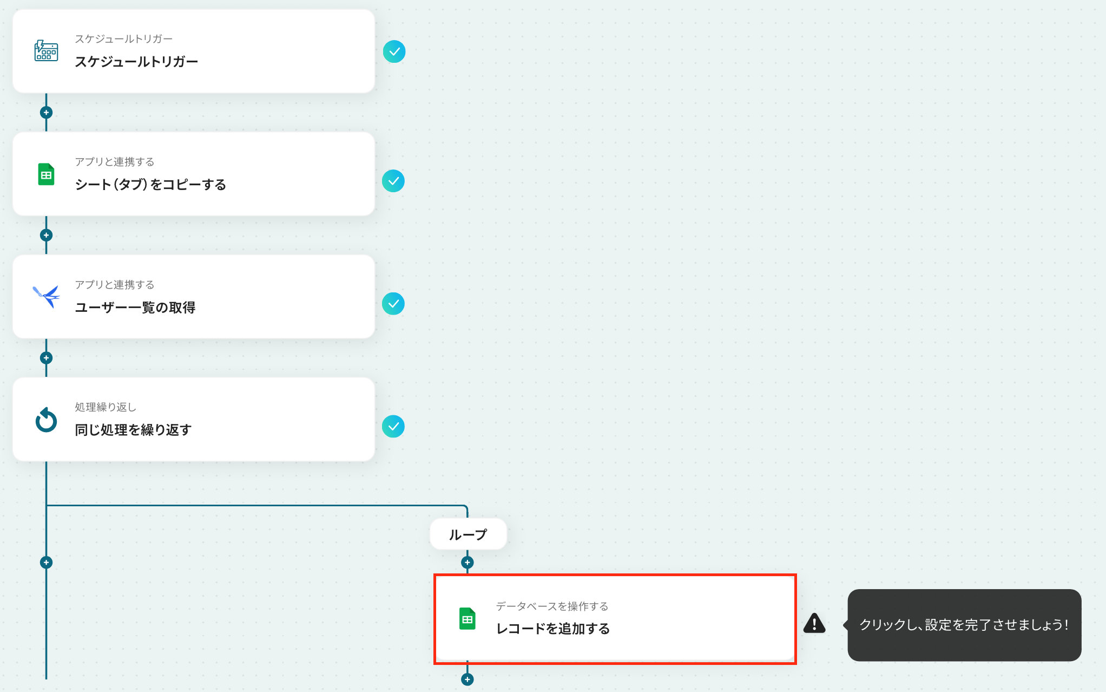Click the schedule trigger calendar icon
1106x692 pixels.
[46, 51]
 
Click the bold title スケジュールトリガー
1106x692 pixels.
[136, 62]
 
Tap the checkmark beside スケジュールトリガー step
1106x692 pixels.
[394, 51]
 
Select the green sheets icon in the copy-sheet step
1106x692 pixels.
[46, 174]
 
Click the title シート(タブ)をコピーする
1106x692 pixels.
[150, 185]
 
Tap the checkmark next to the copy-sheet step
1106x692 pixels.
[393, 181]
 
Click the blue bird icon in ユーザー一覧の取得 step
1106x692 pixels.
[46, 297]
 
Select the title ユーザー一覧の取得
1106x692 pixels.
[135, 308]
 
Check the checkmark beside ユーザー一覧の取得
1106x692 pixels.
[393, 304]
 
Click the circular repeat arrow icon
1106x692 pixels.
[46, 420]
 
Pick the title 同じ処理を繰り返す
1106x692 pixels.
[133, 430]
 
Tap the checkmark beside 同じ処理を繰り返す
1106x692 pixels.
[393, 427]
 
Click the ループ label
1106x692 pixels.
[468, 534]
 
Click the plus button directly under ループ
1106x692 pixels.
[468, 563]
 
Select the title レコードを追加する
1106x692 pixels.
[553, 629]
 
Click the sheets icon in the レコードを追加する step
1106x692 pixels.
[468, 618]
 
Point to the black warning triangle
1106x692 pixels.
[814, 623]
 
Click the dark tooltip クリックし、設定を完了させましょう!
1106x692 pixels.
[964, 625]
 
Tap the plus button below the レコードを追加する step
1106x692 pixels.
[468, 680]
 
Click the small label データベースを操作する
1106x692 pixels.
[552, 606]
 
